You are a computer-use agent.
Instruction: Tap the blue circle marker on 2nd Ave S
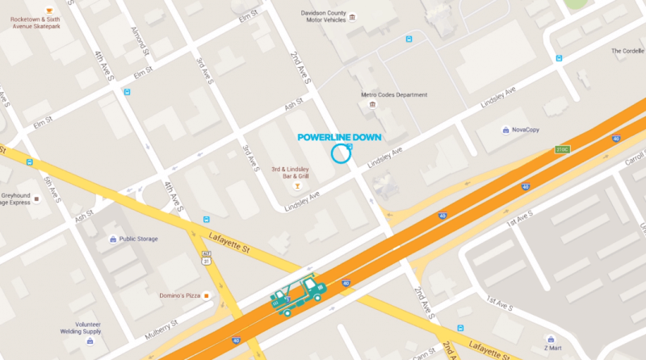click(342, 153)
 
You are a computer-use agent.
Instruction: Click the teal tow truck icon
click(298, 295)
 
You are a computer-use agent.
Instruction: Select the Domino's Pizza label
click(178, 295)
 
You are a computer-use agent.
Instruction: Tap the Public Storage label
click(138, 239)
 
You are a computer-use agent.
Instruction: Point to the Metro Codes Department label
click(393, 94)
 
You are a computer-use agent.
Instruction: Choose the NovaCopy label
click(525, 129)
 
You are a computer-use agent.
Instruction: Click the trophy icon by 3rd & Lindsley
click(298, 186)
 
